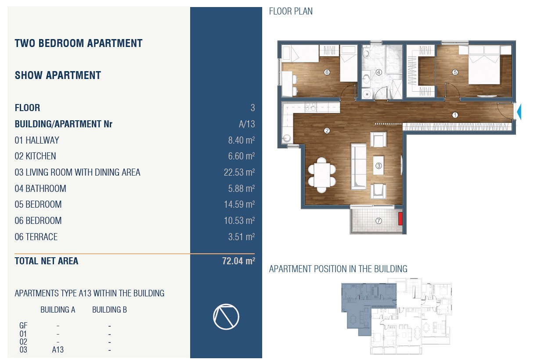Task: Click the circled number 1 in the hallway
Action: coord(455,115)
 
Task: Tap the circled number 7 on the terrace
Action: coord(379,221)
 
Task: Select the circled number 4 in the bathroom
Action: coord(379,72)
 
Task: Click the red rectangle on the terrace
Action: coord(400,219)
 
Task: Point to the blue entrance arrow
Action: coord(519,112)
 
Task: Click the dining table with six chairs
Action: coord(322,175)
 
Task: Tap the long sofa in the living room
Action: coord(358,166)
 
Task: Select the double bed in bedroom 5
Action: coord(484,65)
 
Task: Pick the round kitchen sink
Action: coord(287,138)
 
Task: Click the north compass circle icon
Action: coord(226,317)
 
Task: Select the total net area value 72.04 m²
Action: coord(238,261)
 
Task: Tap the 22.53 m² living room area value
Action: coord(239,172)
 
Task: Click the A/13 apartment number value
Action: coord(247,124)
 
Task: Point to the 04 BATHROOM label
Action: coord(40,188)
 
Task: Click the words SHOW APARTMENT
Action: coord(58,75)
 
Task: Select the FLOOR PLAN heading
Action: coord(291,11)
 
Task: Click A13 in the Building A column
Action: coord(58,349)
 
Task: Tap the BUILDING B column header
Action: coord(109,310)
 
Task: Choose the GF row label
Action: coord(23,325)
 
